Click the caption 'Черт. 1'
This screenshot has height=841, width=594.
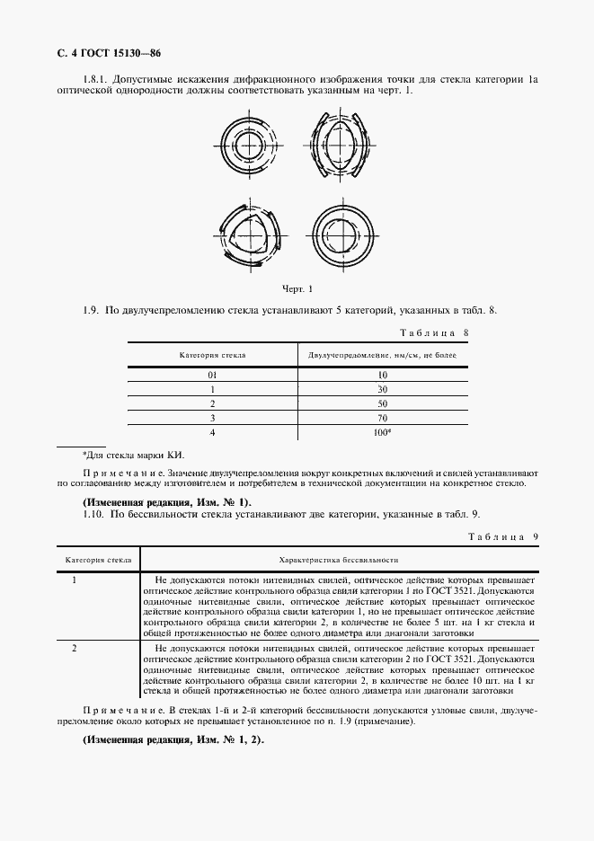coord(297,289)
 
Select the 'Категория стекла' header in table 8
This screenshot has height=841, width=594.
coord(212,356)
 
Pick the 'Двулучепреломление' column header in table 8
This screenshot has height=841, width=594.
coord(382,356)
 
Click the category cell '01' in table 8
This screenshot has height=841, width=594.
coord(212,375)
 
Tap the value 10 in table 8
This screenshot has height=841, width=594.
coord(382,375)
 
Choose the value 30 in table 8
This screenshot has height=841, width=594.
coord(382,389)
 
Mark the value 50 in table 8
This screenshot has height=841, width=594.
coord(382,403)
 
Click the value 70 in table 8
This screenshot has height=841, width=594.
coord(382,418)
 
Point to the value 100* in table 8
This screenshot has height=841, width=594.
coord(383,432)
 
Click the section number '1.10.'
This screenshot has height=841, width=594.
coord(94,514)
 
